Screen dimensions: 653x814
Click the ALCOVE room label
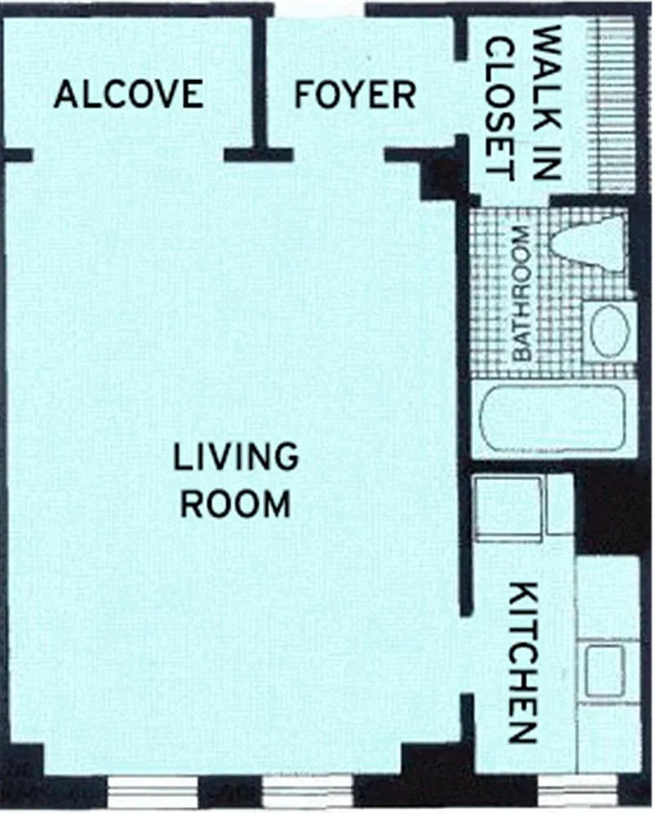129,94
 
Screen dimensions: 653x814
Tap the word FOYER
355,95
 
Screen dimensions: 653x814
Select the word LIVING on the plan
236,456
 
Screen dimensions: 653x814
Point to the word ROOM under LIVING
235,502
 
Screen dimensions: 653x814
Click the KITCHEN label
521,663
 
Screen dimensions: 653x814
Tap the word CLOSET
500,109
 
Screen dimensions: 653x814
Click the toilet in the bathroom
589,244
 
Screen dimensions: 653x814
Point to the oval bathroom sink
610,331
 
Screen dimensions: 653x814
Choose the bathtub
553,418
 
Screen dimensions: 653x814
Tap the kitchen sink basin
605,671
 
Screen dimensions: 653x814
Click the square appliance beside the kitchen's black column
509,509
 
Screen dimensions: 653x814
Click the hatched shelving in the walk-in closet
612,104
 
